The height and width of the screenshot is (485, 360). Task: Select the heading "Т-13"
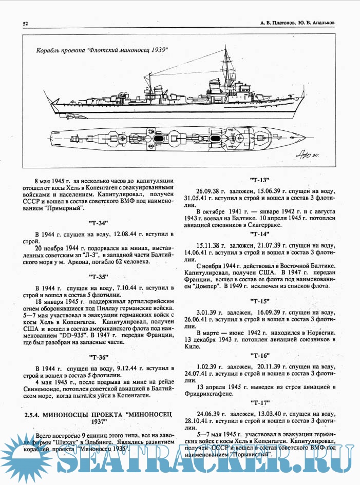pos(261,181)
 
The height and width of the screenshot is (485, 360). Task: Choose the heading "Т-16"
pos(261,355)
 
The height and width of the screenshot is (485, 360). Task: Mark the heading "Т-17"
pos(261,401)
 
